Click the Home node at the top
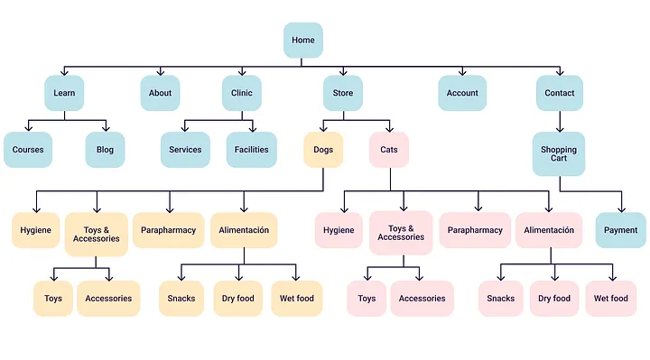[303, 41]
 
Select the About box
[160, 93]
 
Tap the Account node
[462, 93]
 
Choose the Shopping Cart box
[559, 153]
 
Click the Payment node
[620, 230]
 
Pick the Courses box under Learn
[28, 150]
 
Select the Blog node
[105, 150]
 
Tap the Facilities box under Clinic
[251, 150]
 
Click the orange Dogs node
[323, 150]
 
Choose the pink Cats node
[389, 150]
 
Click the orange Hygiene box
[35, 230]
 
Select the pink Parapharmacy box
[475, 230]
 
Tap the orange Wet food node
[297, 299]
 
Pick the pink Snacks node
[501, 299]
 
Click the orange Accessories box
[108, 299]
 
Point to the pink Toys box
[367, 299]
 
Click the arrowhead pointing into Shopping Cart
[560, 129]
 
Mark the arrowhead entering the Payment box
[621, 209]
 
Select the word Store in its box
[343, 93]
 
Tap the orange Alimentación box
[244, 230]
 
